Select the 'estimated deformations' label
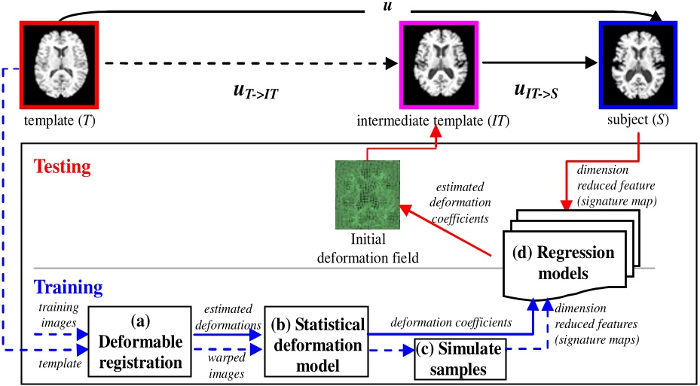coord(225,318)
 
